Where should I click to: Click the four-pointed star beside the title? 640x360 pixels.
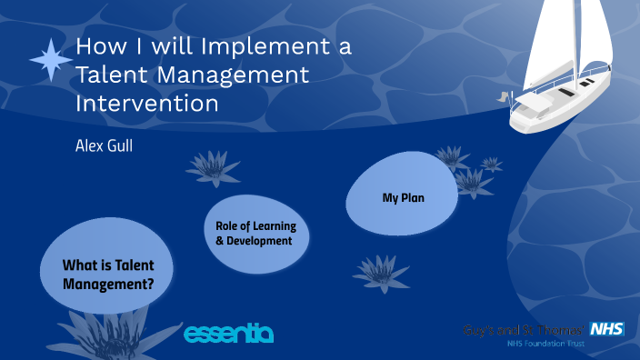click(x=51, y=60)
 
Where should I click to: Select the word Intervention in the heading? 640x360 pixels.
click(x=146, y=103)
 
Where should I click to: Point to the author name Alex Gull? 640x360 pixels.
click(x=104, y=145)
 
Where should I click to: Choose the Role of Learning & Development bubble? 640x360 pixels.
click(x=255, y=234)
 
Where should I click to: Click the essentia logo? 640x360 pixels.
click(x=228, y=333)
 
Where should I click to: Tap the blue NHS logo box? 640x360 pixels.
click(x=605, y=329)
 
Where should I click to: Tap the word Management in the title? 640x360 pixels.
click(x=234, y=75)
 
